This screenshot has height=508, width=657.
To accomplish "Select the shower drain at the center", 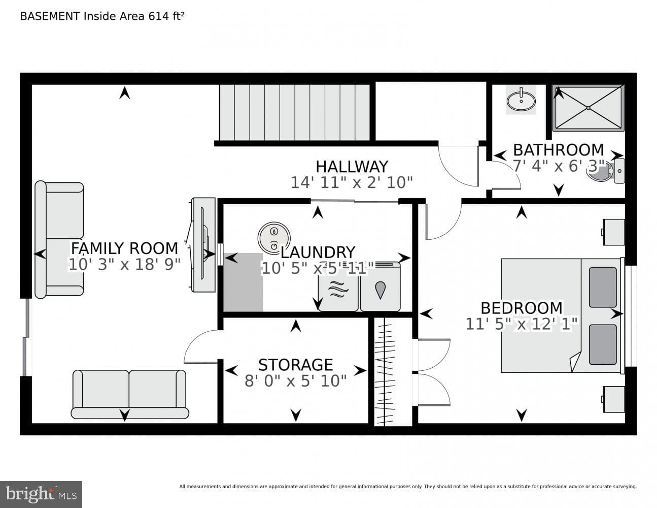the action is [x=588, y=108].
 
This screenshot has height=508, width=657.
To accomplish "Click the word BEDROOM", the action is [x=522, y=308].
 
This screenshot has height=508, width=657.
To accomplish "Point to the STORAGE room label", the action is [x=296, y=365].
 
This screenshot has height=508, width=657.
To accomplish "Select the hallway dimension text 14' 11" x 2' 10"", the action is [x=352, y=182].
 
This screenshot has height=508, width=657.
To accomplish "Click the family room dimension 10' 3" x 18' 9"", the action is [x=125, y=264].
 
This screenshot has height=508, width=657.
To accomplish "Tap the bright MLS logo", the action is [x=41, y=494].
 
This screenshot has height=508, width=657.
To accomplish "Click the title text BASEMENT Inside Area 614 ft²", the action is [x=102, y=16].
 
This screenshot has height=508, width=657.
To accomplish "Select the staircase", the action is [x=294, y=112].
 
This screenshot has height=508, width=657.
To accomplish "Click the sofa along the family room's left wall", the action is [x=59, y=240].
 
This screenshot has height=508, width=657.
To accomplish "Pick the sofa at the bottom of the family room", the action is [x=130, y=395].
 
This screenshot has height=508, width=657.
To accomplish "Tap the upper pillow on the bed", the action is [x=603, y=288].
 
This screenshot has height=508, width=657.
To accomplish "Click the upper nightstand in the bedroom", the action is [x=613, y=232].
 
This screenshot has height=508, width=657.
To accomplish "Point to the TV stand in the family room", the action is [x=203, y=245].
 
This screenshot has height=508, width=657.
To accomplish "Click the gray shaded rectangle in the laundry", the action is [x=243, y=282].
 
